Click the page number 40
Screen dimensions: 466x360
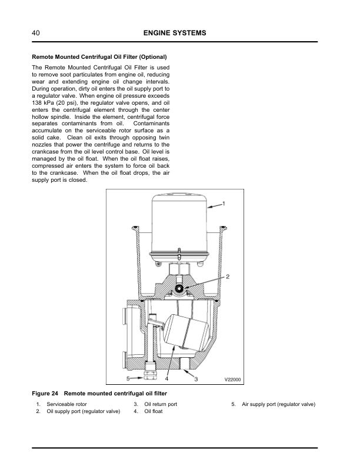(36, 33)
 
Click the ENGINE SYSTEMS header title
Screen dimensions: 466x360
(175, 33)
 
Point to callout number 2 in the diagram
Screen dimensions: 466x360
(228, 276)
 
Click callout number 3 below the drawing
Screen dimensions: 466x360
(196, 379)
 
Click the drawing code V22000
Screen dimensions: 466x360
(234, 380)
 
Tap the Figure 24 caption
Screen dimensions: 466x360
(103, 393)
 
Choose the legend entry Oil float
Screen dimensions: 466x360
(153, 412)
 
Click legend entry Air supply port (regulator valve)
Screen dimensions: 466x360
(278, 405)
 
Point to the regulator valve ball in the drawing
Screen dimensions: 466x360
(181, 288)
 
